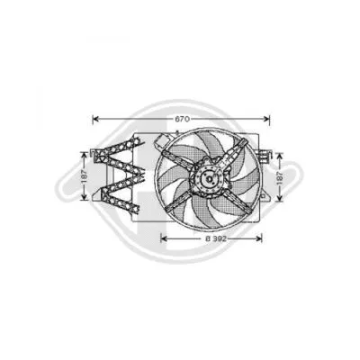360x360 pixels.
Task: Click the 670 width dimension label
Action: pyautogui.click(x=182, y=119)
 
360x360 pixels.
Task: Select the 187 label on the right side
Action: pyautogui.click(x=282, y=182)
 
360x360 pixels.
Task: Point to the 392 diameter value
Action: pyautogui.click(x=217, y=239)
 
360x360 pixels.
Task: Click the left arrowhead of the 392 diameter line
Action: pyautogui.click(x=163, y=239)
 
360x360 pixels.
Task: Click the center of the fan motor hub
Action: pyautogui.click(x=207, y=183)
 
